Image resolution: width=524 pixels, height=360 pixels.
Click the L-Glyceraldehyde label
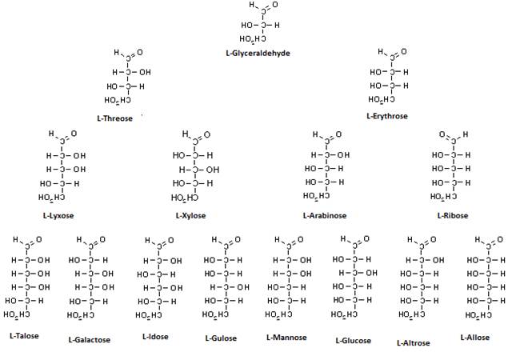click(258, 53)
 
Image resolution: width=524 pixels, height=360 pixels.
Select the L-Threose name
click(114, 118)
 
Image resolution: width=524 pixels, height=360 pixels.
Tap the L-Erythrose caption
click(386, 116)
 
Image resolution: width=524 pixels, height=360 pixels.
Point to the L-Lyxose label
click(57, 215)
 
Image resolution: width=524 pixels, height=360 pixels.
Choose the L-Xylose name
click(190, 215)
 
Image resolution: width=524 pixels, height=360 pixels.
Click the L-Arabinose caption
click(326, 215)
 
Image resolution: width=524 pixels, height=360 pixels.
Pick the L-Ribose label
click(452, 215)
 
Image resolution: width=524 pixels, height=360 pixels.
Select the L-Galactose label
click(89, 339)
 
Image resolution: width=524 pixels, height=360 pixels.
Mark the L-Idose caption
click(155, 336)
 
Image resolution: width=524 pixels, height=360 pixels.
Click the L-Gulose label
click(221, 338)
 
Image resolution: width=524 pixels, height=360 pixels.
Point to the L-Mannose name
click(286, 337)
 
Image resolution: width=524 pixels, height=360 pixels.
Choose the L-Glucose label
click(353, 340)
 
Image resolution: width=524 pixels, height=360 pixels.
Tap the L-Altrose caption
click(413, 342)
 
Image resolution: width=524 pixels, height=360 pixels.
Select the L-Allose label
click(474, 337)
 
